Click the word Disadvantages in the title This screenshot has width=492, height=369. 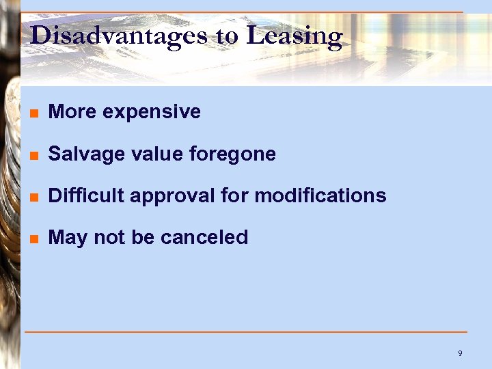point(118,35)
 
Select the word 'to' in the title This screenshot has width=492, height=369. point(228,36)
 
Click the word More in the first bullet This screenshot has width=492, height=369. point(68,112)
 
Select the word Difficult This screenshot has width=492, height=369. point(86,196)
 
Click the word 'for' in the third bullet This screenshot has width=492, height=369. point(234,196)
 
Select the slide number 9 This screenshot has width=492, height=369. point(460,353)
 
